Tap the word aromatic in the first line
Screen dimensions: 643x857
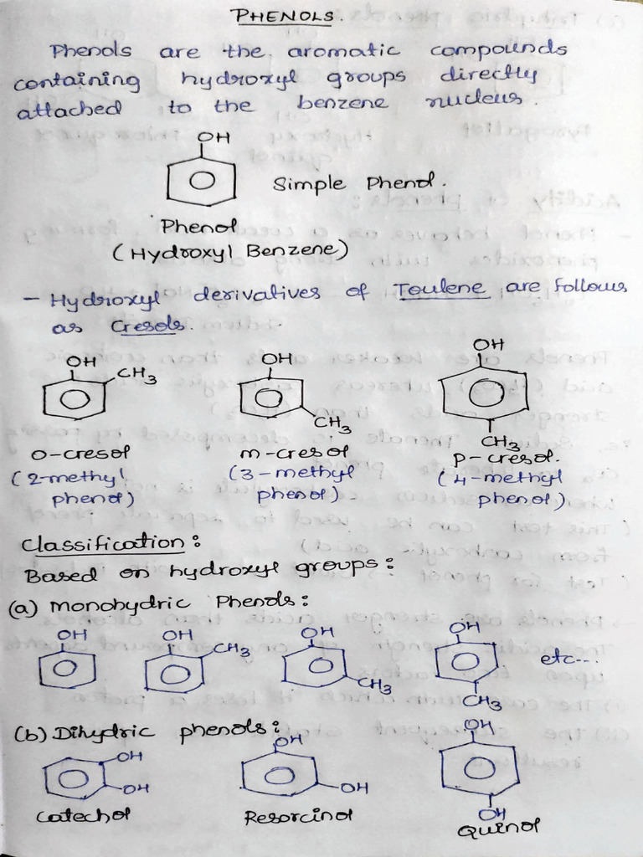pyautogui.click(x=342, y=52)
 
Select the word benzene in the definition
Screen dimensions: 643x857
pyautogui.click(x=342, y=104)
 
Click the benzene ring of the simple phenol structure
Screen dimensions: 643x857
pyautogui.click(x=200, y=179)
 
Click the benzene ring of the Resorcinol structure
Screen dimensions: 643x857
pyautogui.click(x=280, y=772)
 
